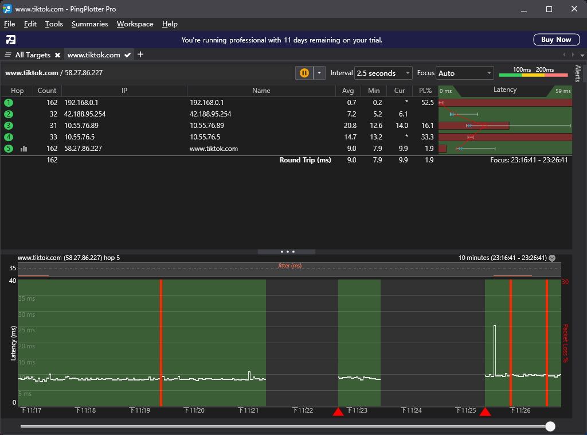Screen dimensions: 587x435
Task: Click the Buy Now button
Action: coord(556,40)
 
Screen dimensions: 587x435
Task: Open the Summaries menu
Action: coord(90,24)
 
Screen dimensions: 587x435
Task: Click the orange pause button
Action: coord(304,73)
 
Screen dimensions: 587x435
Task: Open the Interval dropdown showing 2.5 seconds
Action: coord(383,73)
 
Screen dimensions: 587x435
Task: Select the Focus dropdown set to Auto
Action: coord(464,73)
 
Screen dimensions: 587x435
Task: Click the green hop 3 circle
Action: coord(9,126)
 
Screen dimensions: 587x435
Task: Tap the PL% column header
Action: coord(425,91)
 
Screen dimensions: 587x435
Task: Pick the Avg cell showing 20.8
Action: coord(350,126)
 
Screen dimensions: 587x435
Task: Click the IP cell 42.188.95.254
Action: coord(85,114)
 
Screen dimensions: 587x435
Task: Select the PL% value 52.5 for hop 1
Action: coord(427,102)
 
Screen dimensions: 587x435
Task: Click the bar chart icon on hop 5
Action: coord(24,149)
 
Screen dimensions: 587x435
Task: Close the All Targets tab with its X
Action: coord(58,55)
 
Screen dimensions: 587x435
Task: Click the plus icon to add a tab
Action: coord(140,55)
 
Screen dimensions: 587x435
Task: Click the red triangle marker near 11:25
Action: coord(485,413)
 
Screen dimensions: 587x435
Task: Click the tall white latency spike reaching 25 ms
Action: coord(495,350)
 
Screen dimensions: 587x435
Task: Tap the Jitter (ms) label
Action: coord(289,266)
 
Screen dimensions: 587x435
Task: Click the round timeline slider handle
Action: coord(550,426)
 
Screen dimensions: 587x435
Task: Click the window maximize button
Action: coord(549,9)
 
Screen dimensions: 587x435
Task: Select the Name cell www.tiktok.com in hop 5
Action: coord(214,149)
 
